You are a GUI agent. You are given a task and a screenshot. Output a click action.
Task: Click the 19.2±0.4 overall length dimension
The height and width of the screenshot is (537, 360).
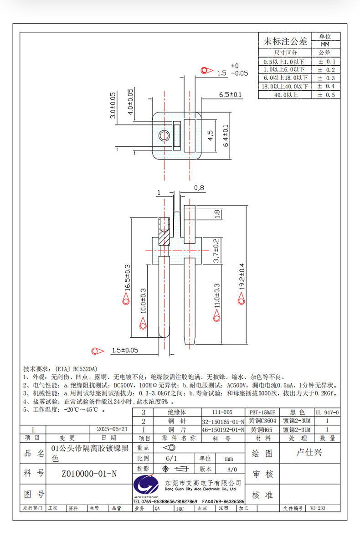click(x=242, y=276)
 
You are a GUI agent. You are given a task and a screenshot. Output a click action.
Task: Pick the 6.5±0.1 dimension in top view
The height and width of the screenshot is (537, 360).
click(x=230, y=95)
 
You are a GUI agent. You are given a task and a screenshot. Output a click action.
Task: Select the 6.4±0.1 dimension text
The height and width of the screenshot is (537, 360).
click(x=226, y=135)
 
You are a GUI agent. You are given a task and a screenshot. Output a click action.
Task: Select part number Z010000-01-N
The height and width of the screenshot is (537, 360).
click(x=89, y=474)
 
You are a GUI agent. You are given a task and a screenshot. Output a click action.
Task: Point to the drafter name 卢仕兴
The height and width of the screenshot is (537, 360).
click(x=309, y=453)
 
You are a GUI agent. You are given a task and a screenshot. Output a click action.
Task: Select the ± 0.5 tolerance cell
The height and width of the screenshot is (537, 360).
click(x=326, y=95)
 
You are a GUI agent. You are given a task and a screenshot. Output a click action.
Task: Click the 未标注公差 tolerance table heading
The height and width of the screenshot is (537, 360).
click(x=285, y=42)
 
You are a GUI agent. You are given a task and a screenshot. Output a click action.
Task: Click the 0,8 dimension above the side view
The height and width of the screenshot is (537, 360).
click(x=199, y=187)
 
